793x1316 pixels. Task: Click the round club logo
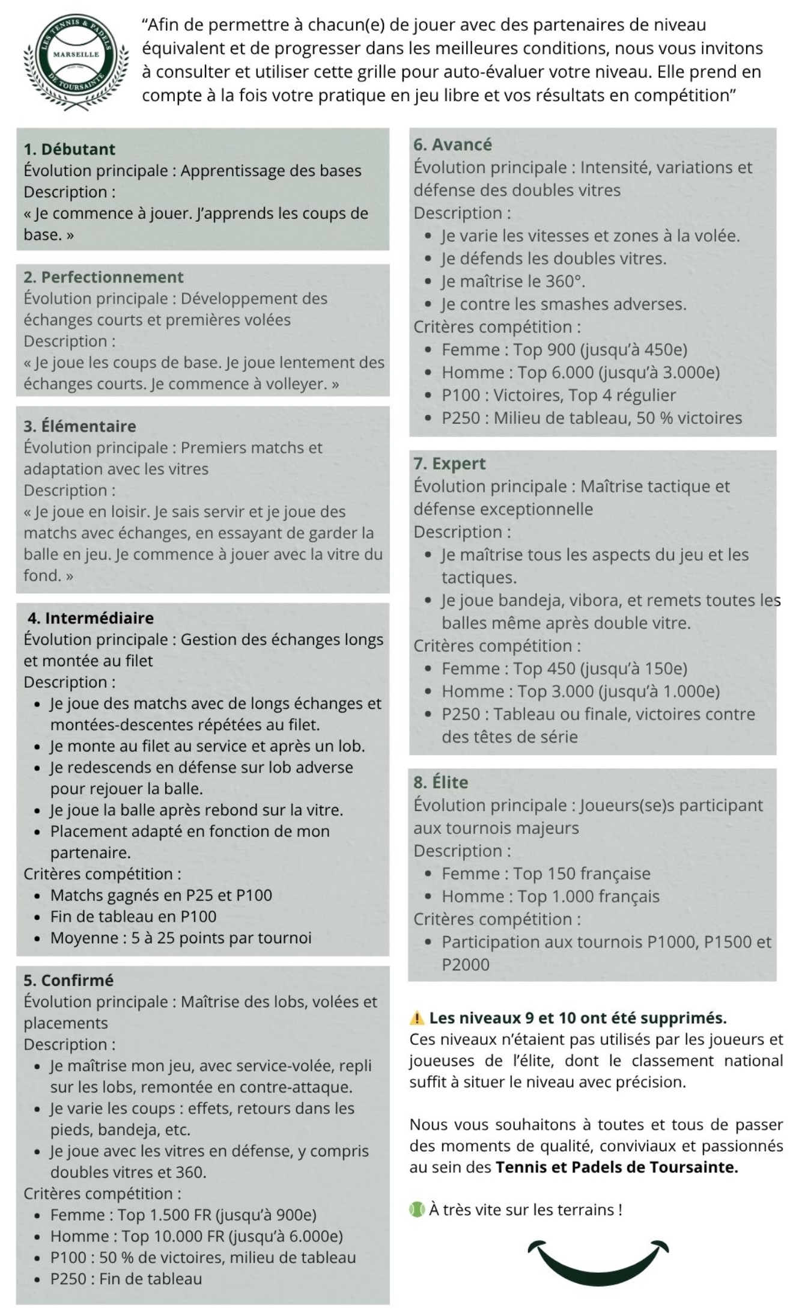point(76,61)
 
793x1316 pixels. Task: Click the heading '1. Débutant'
point(69,149)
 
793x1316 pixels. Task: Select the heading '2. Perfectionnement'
point(103,277)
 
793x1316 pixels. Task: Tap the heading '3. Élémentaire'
point(79,426)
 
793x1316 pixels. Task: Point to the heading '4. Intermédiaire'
point(90,618)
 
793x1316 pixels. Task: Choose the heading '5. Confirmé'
point(68,981)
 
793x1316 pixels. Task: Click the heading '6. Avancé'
point(452,145)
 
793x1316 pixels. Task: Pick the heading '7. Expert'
point(449,464)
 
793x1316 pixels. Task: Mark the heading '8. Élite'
point(440,782)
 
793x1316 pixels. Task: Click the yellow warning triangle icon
point(416,1018)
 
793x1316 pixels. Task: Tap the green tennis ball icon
point(416,1209)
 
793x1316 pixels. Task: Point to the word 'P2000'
point(466,964)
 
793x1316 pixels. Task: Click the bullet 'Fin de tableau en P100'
point(133,916)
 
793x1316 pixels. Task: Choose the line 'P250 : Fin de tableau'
point(126,1279)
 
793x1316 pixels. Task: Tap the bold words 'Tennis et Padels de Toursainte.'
point(616,1167)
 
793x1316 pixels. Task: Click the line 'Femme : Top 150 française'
point(545,874)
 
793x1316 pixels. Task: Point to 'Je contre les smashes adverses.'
point(564,304)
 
